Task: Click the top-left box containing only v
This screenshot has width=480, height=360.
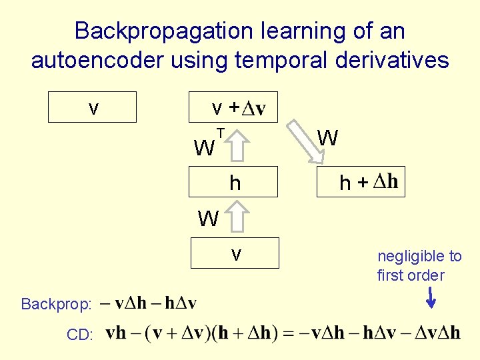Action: click(x=93, y=107)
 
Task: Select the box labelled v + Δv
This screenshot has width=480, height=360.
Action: click(x=233, y=107)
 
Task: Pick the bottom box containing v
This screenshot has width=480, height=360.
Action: click(x=235, y=253)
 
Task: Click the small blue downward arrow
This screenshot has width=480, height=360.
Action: click(x=431, y=297)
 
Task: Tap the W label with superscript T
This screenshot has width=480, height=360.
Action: click(x=204, y=147)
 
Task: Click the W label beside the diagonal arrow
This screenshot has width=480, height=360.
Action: click(x=327, y=139)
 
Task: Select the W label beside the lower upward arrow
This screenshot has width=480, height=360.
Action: click(x=208, y=218)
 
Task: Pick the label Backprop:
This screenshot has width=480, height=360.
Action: click(x=57, y=305)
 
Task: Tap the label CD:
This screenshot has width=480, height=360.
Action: click(x=80, y=335)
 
